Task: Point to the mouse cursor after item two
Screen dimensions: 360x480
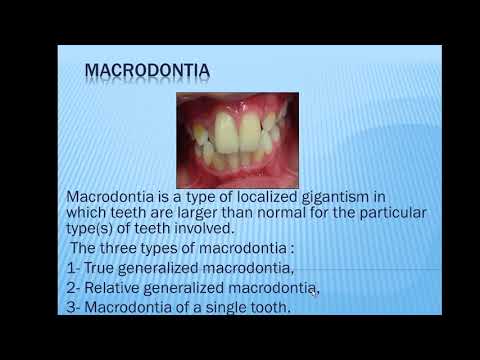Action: click(313, 291)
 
